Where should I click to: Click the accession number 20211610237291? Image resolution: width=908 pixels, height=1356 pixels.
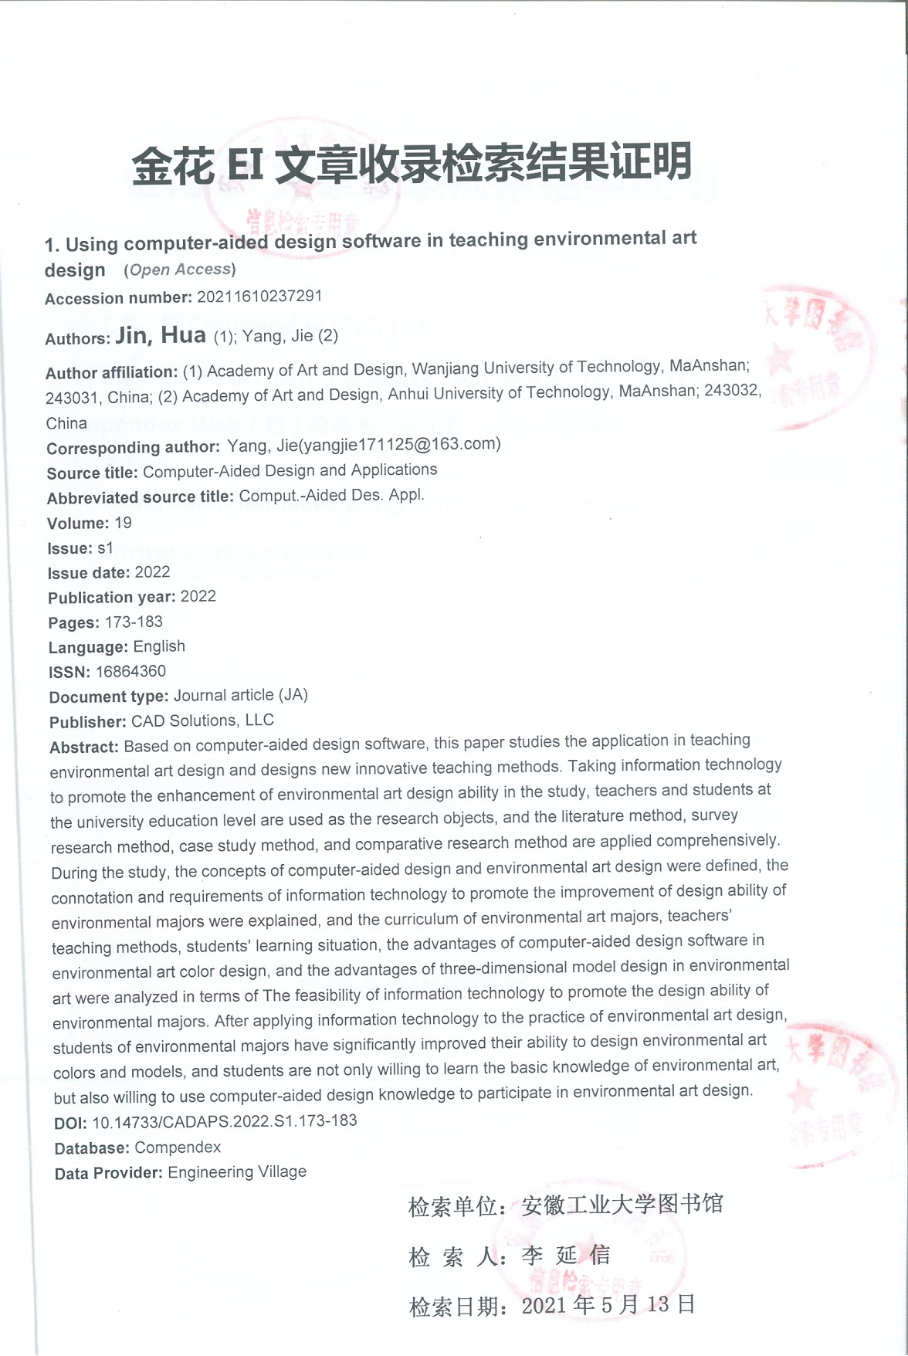click(259, 297)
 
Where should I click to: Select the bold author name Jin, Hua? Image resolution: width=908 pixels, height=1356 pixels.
click(161, 335)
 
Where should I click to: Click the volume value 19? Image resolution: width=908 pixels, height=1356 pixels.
click(123, 523)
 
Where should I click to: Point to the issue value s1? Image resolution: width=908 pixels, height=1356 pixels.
click(105, 548)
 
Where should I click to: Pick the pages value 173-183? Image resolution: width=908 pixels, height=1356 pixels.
click(134, 622)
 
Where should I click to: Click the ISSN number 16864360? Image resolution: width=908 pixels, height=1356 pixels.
click(130, 671)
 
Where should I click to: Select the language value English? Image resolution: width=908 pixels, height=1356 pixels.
click(159, 646)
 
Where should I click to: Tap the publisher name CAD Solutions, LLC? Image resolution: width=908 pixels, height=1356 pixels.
click(202, 720)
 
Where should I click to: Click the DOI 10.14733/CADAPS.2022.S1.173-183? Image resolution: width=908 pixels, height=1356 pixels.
click(224, 1120)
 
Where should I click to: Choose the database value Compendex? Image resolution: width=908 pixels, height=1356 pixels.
click(178, 1148)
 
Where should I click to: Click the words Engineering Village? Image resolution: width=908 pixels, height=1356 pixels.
click(237, 1172)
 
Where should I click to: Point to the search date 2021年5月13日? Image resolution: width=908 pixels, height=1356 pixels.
click(608, 1305)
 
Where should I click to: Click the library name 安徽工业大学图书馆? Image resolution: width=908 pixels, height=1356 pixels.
click(622, 1205)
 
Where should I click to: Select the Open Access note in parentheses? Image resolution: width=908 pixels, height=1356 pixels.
click(179, 270)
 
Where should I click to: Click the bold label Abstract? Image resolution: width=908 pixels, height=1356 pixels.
click(83, 747)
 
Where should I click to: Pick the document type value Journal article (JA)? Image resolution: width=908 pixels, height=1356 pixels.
click(240, 695)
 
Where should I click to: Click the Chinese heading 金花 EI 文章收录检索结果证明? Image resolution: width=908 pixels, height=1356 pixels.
click(411, 164)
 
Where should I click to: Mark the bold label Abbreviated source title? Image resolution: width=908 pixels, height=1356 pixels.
click(140, 497)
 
